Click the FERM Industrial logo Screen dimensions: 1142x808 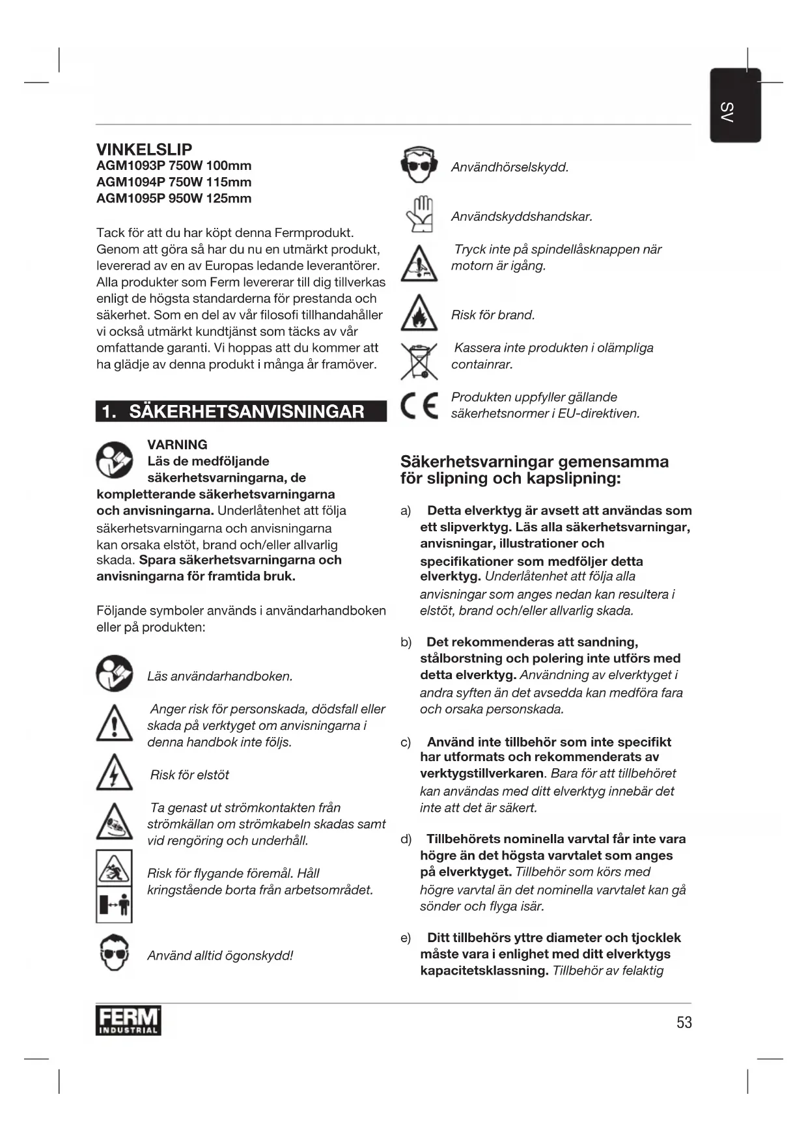pos(128,1021)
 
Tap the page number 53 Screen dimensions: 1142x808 pos(684,1022)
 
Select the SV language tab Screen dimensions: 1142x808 pos(734,105)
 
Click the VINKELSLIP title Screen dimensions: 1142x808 pos(144,149)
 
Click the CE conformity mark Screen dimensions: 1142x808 pos(419,406)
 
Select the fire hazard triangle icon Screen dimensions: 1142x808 pos(419,314)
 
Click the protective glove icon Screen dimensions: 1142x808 pos(419,214)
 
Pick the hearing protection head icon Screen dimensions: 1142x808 pos(419,165)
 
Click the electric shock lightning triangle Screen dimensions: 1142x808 pos(114,773)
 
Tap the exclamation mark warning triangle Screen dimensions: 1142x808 pos(114,723)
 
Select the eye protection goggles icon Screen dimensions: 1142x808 pos(114,953)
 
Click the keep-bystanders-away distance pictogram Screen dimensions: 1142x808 pos(114,905)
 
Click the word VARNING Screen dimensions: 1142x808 pos(177,445)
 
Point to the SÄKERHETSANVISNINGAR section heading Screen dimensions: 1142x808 pos(246,411)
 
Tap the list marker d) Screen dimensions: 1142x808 pos(406,839)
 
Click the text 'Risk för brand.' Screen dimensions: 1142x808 pos(493,315)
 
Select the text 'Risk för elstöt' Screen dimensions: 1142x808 pos(189,775)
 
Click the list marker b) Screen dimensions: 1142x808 pos(406,643)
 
